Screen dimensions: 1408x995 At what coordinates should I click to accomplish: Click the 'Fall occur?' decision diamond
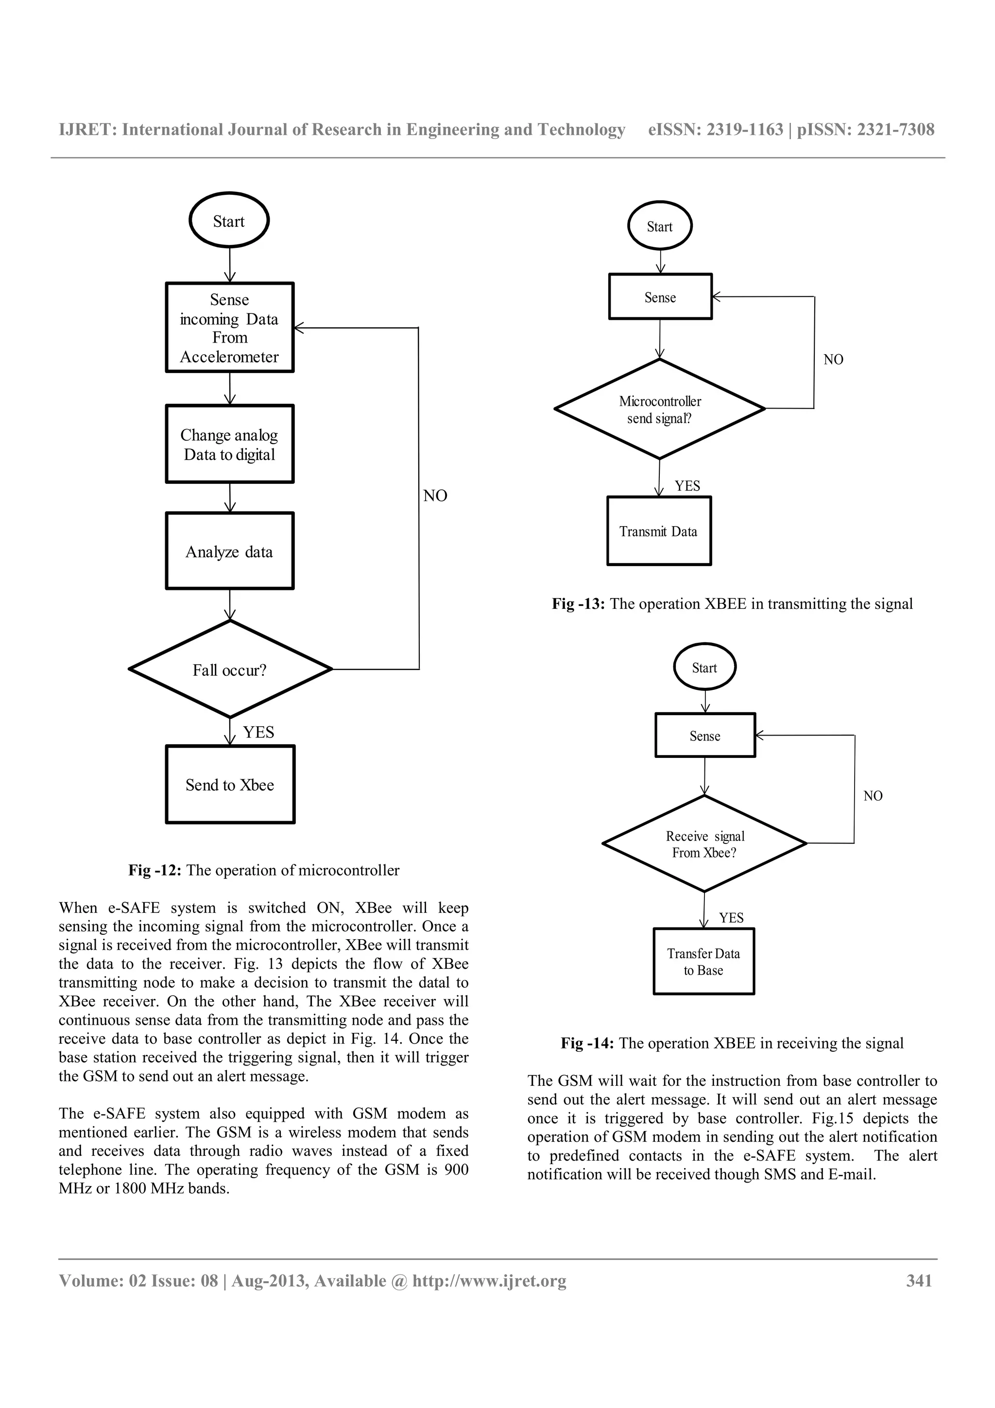230,669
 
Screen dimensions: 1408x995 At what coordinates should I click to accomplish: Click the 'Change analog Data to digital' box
229,444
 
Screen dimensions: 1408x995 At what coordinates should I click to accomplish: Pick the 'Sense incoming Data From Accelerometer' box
229,327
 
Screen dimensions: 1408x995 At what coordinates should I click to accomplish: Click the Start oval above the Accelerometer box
229,221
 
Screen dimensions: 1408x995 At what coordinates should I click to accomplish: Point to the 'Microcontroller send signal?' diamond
660,409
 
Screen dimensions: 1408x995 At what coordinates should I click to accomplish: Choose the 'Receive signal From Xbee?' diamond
704,844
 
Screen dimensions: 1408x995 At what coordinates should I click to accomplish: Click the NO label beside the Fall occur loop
435,496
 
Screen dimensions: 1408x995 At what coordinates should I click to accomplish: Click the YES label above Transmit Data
687,486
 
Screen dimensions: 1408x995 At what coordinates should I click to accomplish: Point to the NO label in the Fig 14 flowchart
873,796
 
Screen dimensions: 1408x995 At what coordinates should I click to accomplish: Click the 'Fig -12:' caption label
154,870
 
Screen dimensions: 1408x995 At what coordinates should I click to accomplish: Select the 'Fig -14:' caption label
587,1043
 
